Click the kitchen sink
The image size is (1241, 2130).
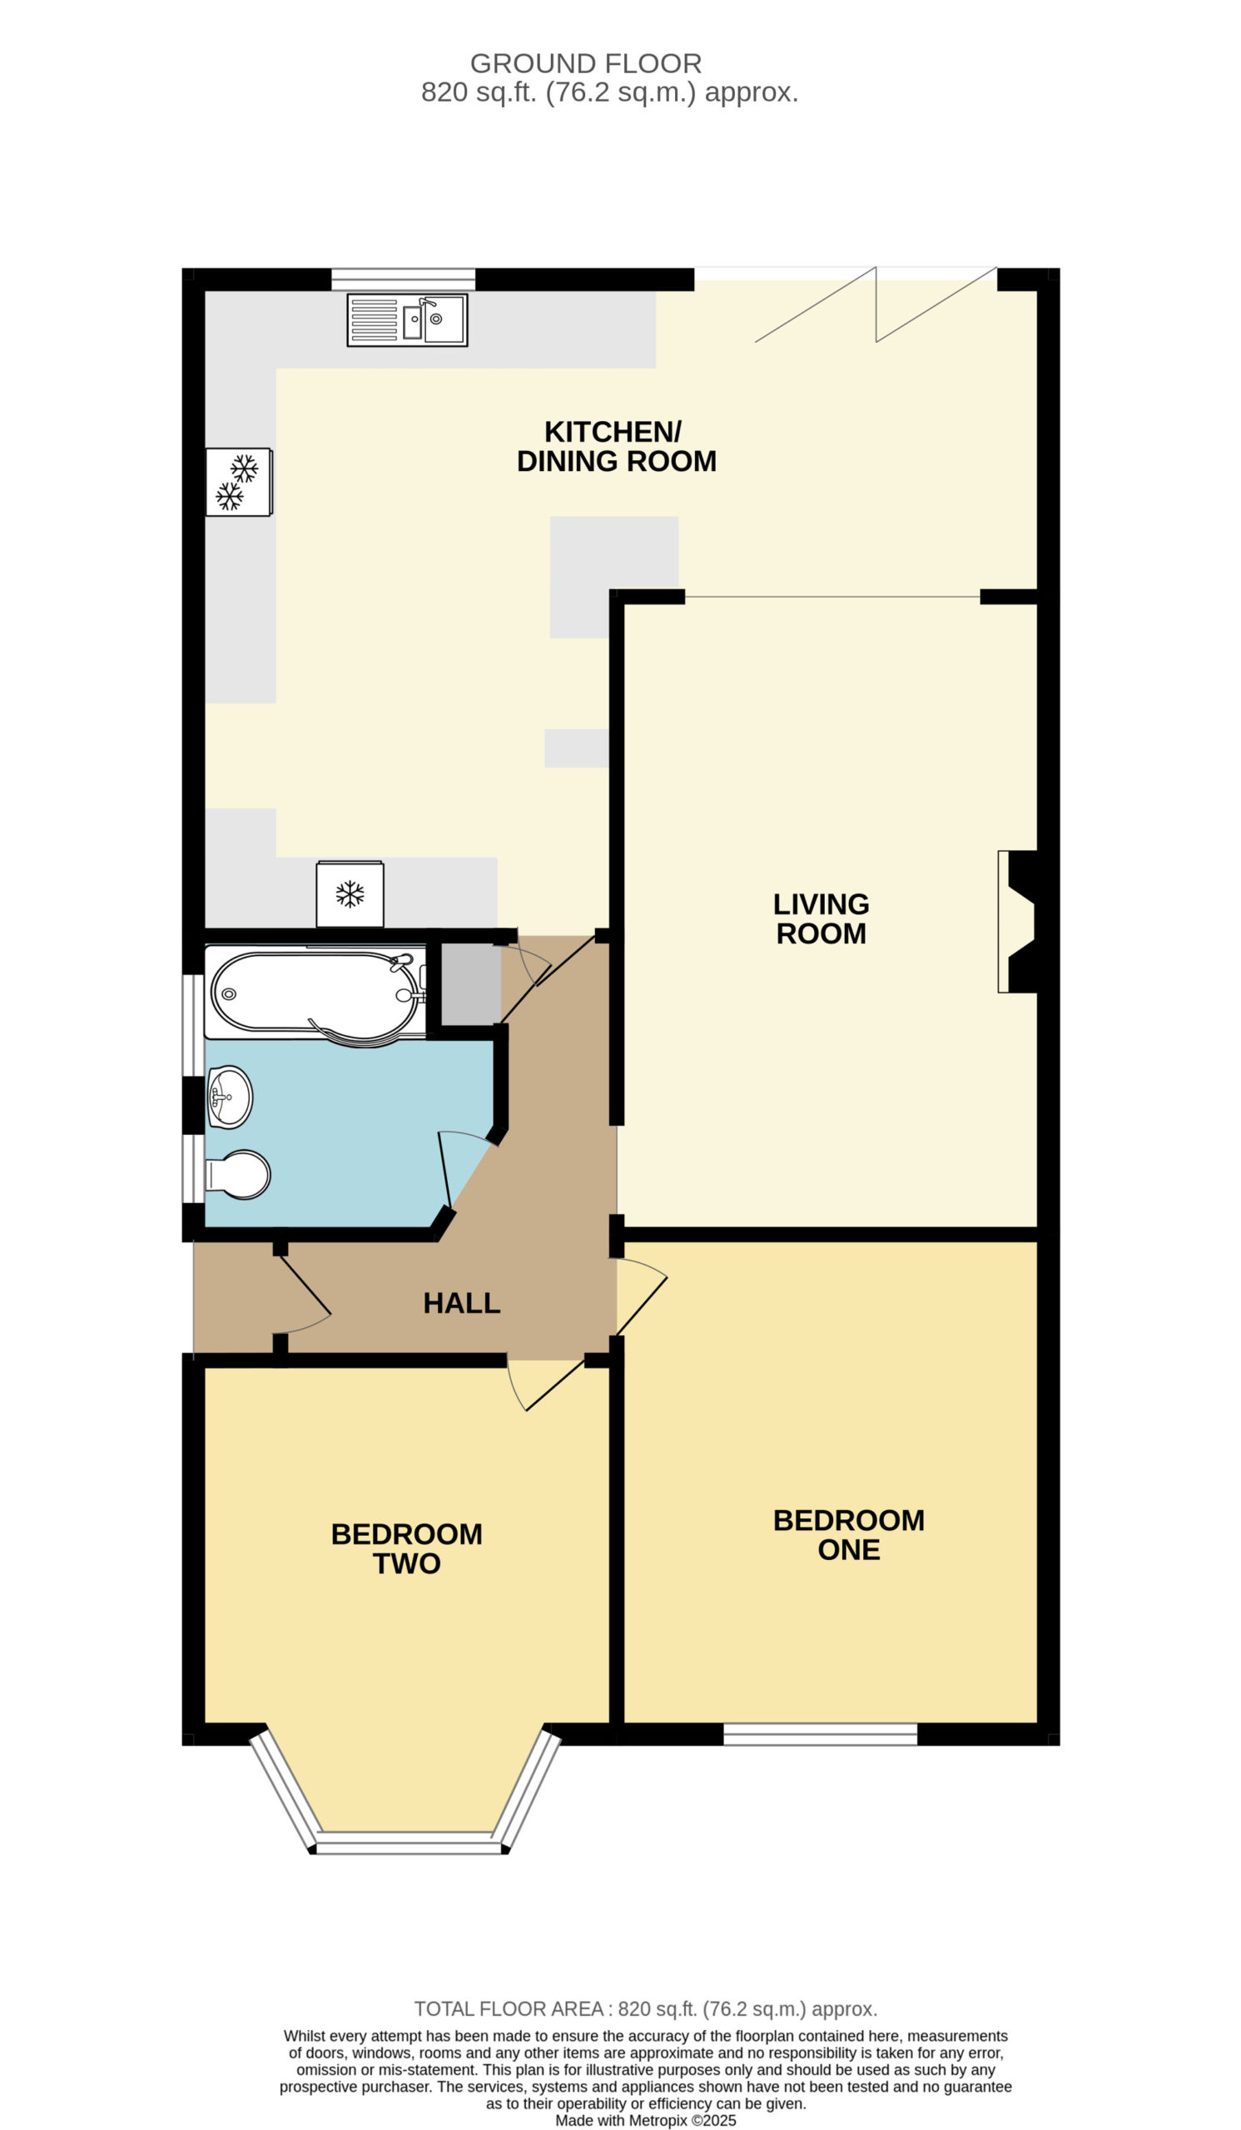point(407,320)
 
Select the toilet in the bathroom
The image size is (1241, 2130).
point(238,1174)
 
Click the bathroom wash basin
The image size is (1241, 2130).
point(230,1097)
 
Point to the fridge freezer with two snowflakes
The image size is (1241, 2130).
point(238,482)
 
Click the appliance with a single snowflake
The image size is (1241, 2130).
point(350,894)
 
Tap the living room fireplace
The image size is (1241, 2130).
point(1017,921)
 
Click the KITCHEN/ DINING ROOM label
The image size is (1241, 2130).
point(616,446)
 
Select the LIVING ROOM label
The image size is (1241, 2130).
point(821,919)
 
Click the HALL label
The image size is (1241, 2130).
point(462,1302)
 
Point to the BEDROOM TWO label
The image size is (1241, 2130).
point(407,1548)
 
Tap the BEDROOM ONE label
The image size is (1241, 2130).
point(849,1535)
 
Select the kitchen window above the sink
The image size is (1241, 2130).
point(403,279)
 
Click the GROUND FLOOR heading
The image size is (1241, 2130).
point(586,63)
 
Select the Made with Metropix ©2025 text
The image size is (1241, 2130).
point(646,2121)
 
